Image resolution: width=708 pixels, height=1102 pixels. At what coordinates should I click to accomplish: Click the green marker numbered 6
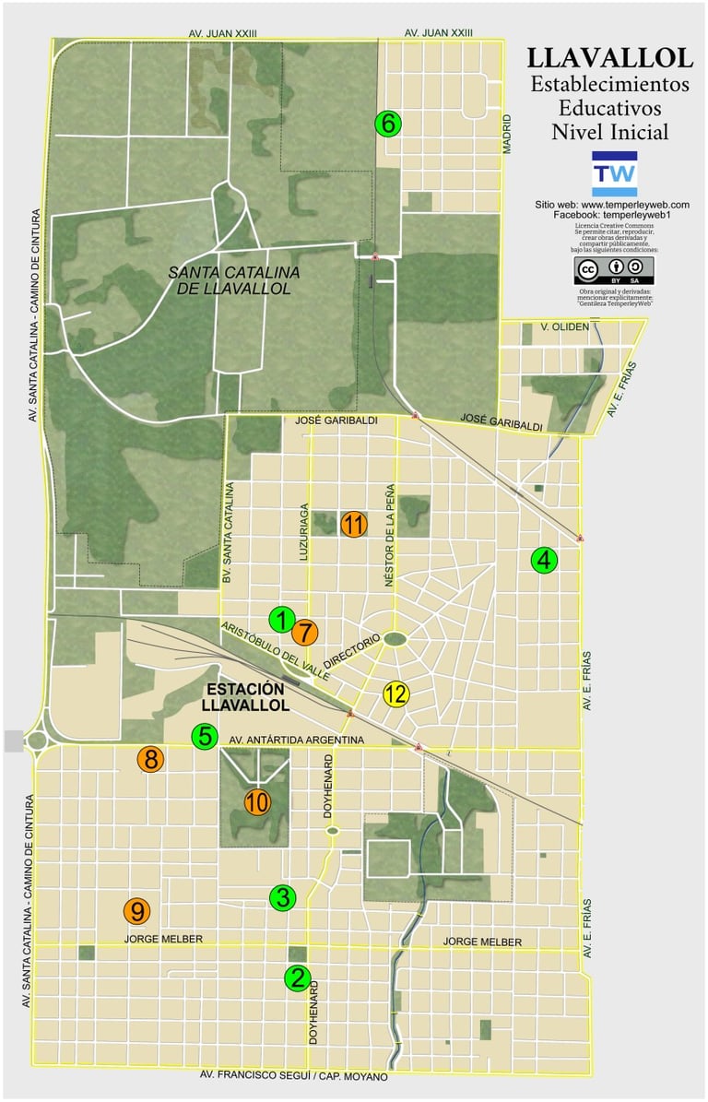point(388,123)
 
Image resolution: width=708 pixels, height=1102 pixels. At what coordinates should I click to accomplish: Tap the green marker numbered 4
point(545,560)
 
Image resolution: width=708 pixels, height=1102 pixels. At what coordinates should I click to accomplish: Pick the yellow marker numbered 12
point(396,693)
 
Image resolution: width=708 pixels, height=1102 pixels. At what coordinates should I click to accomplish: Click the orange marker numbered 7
point(304,633)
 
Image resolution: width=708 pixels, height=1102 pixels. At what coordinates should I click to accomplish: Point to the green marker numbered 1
point(282,620)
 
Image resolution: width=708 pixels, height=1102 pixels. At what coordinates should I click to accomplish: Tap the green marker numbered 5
point(205,737)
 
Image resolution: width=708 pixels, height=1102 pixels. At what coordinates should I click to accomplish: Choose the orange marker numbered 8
point(151,760)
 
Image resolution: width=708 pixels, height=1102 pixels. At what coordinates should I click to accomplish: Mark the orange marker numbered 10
point(257,802)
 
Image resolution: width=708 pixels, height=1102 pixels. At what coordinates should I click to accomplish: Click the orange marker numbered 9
point(136,911)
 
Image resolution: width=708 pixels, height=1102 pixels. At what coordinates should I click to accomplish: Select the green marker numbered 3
point(282,897)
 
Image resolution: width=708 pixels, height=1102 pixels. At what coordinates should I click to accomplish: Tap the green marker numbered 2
point(297,978)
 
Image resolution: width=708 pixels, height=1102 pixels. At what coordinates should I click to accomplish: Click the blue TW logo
point(614,173)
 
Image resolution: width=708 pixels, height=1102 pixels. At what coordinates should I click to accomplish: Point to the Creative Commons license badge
point(613,269)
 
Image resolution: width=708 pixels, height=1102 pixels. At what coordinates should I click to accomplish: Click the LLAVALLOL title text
point(610,58)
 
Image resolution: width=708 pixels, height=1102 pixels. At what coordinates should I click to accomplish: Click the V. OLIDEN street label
point(564,326)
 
